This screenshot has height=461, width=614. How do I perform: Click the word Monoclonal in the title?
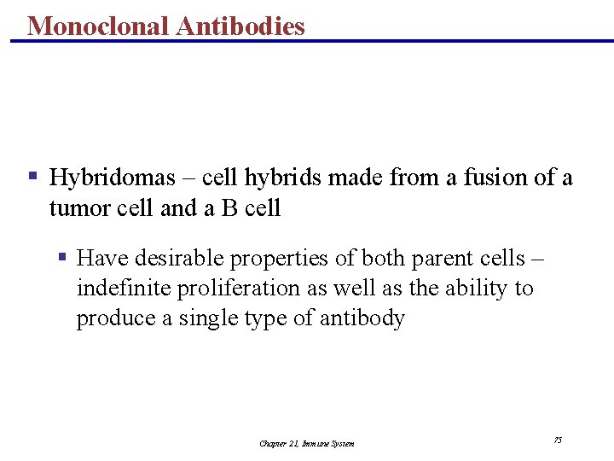point(98,26)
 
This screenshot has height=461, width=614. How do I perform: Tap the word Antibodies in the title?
point(240,26)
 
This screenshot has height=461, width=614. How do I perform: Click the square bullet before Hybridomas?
point(32,177)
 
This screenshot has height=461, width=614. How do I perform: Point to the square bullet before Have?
point(62,257)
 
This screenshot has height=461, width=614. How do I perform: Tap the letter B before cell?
point(229,208)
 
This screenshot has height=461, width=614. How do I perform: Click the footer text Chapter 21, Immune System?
point(307,443)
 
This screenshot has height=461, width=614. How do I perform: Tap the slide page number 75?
point(558,440)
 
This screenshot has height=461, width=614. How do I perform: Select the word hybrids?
point(283,178)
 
